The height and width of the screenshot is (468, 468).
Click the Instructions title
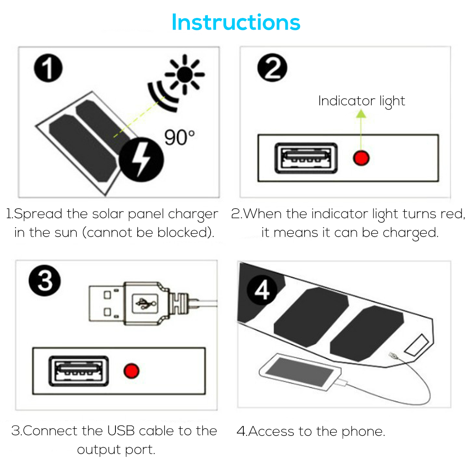click(x=236, y=22)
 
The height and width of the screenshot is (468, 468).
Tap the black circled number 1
click(x=48, y=68)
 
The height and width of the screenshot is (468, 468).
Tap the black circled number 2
click(x=272, y=67)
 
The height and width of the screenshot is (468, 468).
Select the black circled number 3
click(x=44, y=280)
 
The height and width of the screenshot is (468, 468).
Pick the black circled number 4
click(x=262, y=290)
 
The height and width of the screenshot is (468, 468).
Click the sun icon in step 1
click(x=185, y=74)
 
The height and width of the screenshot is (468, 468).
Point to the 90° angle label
click(x=179, y=138)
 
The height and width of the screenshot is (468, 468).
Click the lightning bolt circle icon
click(x=141, y=160)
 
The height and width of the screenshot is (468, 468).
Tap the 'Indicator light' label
click(x=362, y=101)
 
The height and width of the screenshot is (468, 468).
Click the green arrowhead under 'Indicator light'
click(x=361, y=113)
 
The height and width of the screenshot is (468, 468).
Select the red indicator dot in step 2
click(x=361, y=158)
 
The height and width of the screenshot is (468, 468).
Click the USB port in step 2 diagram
click(x=306, y=158)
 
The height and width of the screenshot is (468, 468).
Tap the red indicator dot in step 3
click(x=131, y=371)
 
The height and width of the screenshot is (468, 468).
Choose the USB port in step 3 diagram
click(x=79, y=371)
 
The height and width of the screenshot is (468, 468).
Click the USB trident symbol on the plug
click(x=145, y=303)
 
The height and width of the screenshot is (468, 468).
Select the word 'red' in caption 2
click(x=452, y=214)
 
